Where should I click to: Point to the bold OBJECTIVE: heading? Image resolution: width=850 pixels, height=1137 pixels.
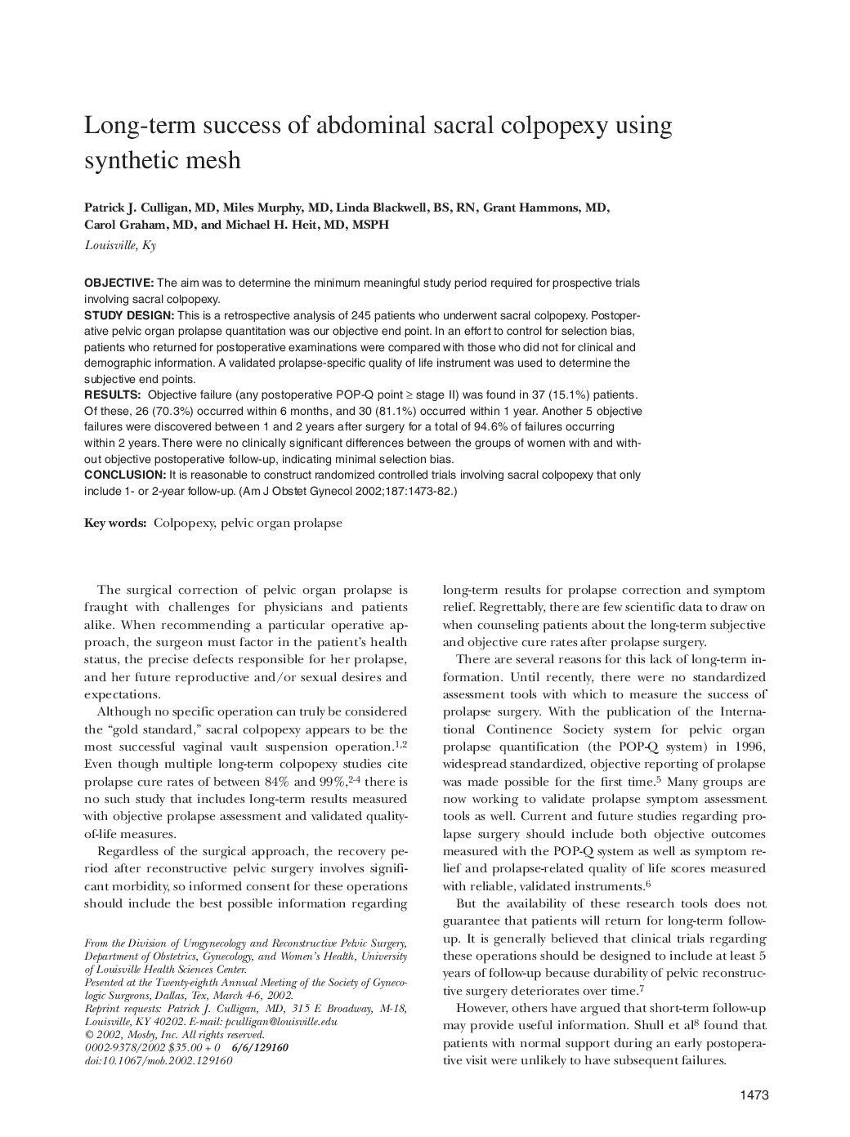click(119, 283)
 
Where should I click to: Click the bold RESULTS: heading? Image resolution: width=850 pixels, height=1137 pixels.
click(112, 395)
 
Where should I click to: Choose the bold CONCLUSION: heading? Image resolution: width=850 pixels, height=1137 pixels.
click(125, 475)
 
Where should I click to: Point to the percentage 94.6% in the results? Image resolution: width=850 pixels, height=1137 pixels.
click(483, 427)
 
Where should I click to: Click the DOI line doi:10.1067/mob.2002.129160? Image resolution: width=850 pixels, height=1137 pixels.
click(158, 1060)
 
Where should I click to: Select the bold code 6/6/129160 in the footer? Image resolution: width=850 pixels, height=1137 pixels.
click(260, 1047)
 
